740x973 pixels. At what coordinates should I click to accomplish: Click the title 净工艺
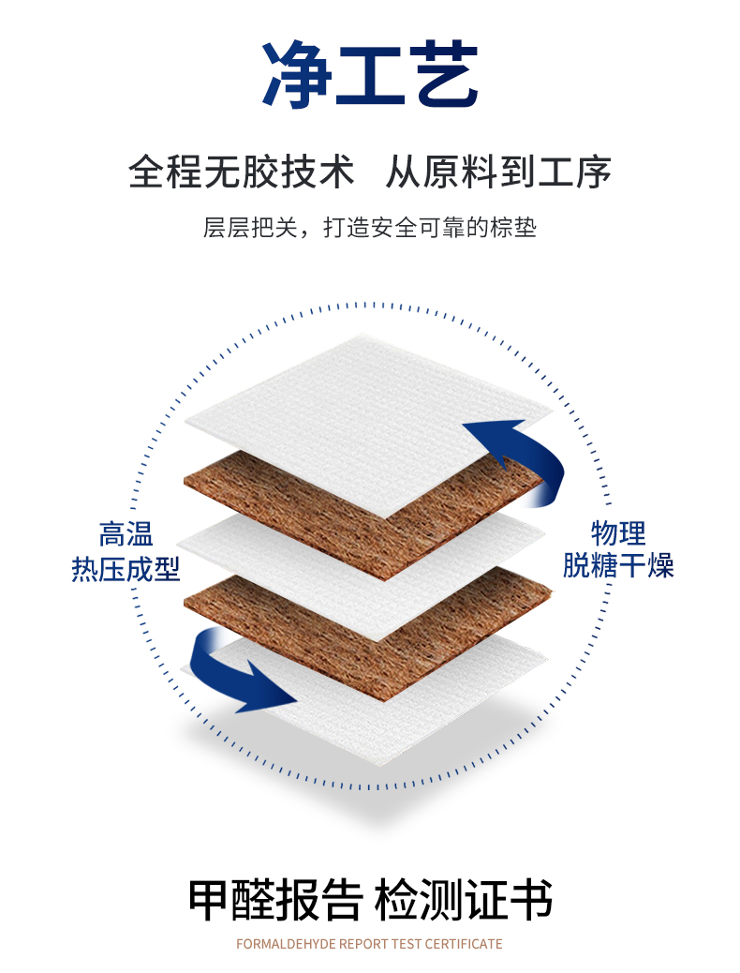click(x=370, y=75)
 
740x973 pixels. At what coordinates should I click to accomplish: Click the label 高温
click(x=126, y=535)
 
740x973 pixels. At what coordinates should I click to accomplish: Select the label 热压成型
click(x=126, y=568)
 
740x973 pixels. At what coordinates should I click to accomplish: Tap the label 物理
click(x=617, y=533)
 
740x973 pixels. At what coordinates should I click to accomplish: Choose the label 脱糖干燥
click(x=617, y=566)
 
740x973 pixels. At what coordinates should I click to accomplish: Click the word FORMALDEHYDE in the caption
click(x=285, y=944)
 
